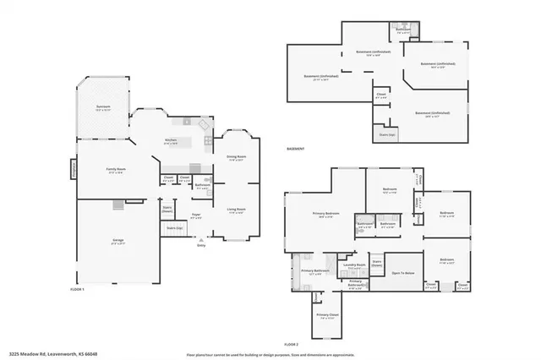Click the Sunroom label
tap(103, 107)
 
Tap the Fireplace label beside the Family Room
tap(73, 169)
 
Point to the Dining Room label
tap(236, 156)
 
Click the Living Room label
tap(236, 209)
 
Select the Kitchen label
tap(171, 139)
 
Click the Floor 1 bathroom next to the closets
tap(202, 185)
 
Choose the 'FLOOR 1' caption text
tap(78, 289)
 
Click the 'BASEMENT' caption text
tap(296, 149)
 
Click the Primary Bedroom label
tap(326, 213)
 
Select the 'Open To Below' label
tap(402, 273)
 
